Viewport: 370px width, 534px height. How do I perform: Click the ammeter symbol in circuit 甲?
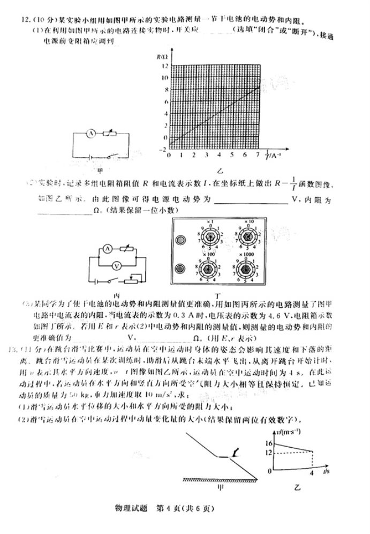(92, 133)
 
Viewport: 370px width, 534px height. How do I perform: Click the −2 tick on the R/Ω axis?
(162, 149)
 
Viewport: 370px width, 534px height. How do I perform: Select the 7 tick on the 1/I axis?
(259, 154)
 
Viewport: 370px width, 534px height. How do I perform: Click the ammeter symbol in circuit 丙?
(107, 249)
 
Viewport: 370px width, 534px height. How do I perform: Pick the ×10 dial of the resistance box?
(247, 237)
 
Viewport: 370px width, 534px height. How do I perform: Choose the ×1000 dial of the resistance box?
(247, 268)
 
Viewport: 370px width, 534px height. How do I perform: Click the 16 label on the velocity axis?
(269, 444)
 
